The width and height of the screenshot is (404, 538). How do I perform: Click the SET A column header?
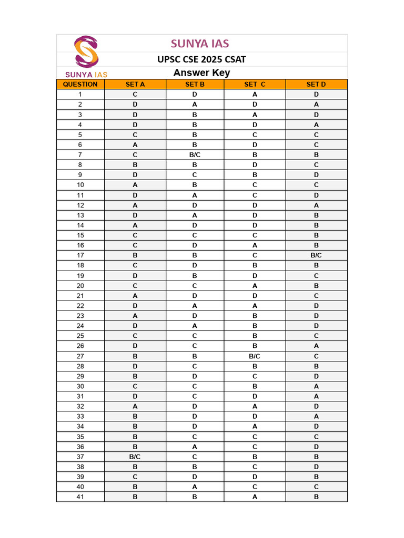(135, 84)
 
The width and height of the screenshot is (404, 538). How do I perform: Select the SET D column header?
(316, 84)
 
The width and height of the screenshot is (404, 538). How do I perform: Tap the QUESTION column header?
(80, 84)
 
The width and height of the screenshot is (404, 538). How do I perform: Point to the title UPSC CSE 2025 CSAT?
(201, 59)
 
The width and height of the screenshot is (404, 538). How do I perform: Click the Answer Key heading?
(201, 73)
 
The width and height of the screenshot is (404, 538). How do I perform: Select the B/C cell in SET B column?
(195, 155)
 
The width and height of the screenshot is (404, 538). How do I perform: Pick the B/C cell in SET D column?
(316, 255)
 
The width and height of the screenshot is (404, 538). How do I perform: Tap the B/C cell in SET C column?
(255, 356)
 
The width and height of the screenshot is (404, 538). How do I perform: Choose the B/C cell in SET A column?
(135, 457)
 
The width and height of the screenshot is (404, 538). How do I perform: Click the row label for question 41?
(80, 496)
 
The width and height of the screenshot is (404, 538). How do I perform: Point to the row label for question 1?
(80, 95)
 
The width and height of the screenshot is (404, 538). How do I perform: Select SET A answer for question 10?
(135, 185)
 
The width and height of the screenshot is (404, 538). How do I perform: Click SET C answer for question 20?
(255, 286)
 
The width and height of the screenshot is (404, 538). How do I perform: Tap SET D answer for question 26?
(316, 346)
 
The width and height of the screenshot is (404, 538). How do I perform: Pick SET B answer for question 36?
(195, 447)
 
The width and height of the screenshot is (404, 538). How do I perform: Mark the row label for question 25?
(80, 336)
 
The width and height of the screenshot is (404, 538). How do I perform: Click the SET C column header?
(255, 84)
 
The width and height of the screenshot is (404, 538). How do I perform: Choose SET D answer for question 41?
(316, 496)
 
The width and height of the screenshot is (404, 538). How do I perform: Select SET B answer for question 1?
(195, 95)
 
